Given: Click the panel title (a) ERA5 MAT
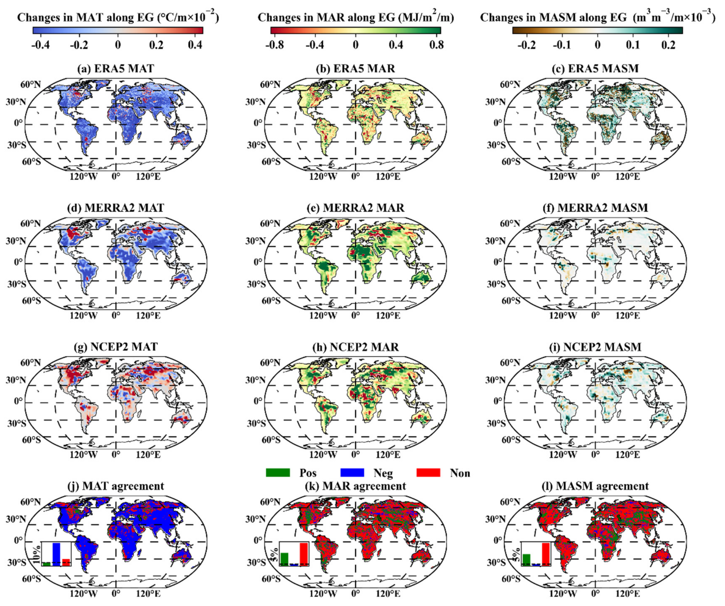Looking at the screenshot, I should (115, 68).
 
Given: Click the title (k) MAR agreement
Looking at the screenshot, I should (355, 486).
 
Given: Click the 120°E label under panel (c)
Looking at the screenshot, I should (628, 176).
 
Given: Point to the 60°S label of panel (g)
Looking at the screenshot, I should (31, 440).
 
